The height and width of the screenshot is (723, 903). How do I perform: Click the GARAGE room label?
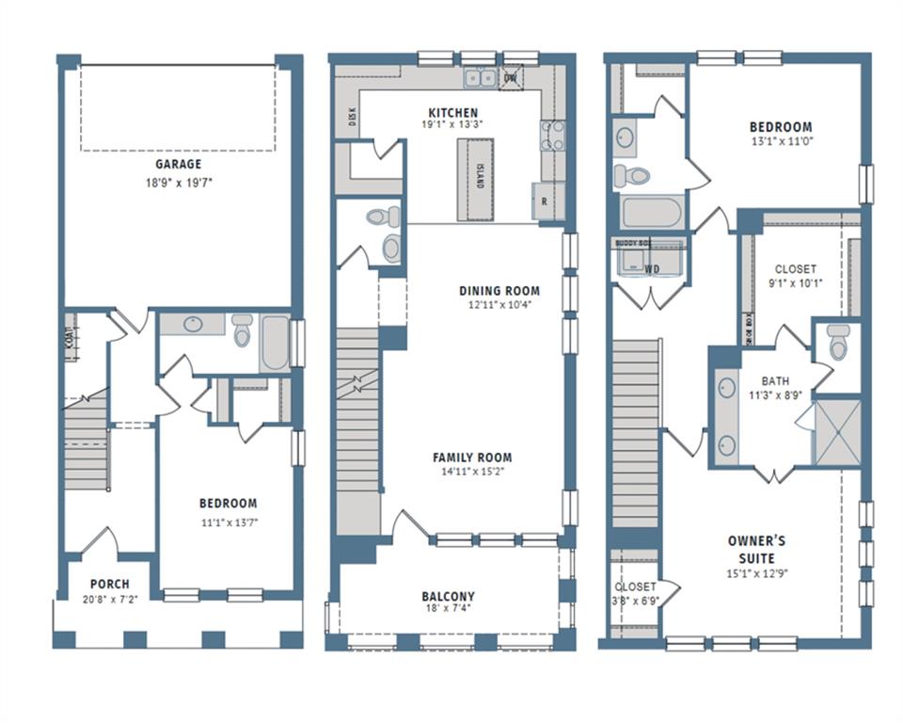pyautogui.click(x=178, y=164)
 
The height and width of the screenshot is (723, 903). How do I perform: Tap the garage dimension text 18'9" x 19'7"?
pyautogui.click(x=178, y=183)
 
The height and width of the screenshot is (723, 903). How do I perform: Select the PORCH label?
pyautogui.click(x=109, y=584)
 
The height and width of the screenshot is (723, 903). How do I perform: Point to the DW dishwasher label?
pyautogui.click(x=511, y=78)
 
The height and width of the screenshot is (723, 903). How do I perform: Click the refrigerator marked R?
pyautogui.click(x=544, y=201)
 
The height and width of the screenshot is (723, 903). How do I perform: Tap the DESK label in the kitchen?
pyautogui.click(x=353, y=116)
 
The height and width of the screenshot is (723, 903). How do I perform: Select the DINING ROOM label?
pyautogui.click(x=499, y=291)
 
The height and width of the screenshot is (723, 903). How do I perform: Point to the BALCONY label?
pyautogui.click(x=448, y=596)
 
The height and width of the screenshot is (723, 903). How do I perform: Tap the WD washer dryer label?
pyautogui.click(x=651, y=269)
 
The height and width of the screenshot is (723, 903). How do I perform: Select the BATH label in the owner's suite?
pyautogui.click(x=775, y=380)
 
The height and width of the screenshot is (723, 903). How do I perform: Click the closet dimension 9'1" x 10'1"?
pyautogui.click(x=795, y=282)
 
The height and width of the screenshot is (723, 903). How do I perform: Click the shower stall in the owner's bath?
pyautogui.click(x=837, y=432)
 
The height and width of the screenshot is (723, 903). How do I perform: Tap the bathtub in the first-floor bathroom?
pyautogui.click(x=275, y=344)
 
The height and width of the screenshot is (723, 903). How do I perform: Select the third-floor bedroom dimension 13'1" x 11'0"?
pyautogui.click(x=780, y=141)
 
